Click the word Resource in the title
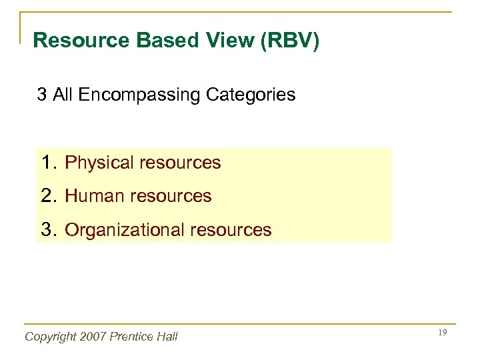[81, 41]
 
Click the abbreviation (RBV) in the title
[287, 41]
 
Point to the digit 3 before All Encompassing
[42, 95]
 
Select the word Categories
[251, 95]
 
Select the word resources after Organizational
[231, 231]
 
